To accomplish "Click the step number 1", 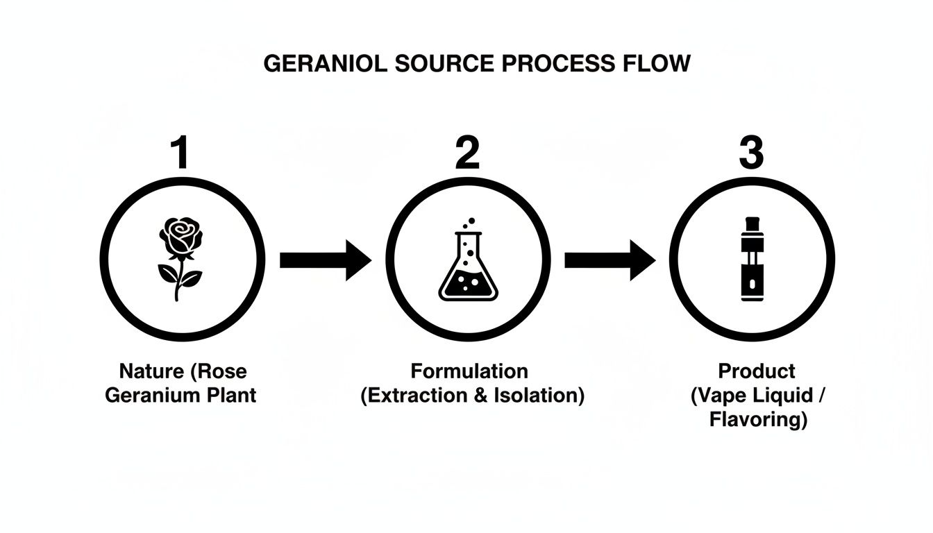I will pos(180,153).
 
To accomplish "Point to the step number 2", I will pos(467,153).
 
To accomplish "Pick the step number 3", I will pos(751,153).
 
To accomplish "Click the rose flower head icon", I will pos(181,237).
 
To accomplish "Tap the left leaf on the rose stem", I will pos(167,274).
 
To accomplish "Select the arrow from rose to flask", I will pos(325,260).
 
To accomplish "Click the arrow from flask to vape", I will pos(610,260).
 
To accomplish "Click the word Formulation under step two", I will pos(469,371).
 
